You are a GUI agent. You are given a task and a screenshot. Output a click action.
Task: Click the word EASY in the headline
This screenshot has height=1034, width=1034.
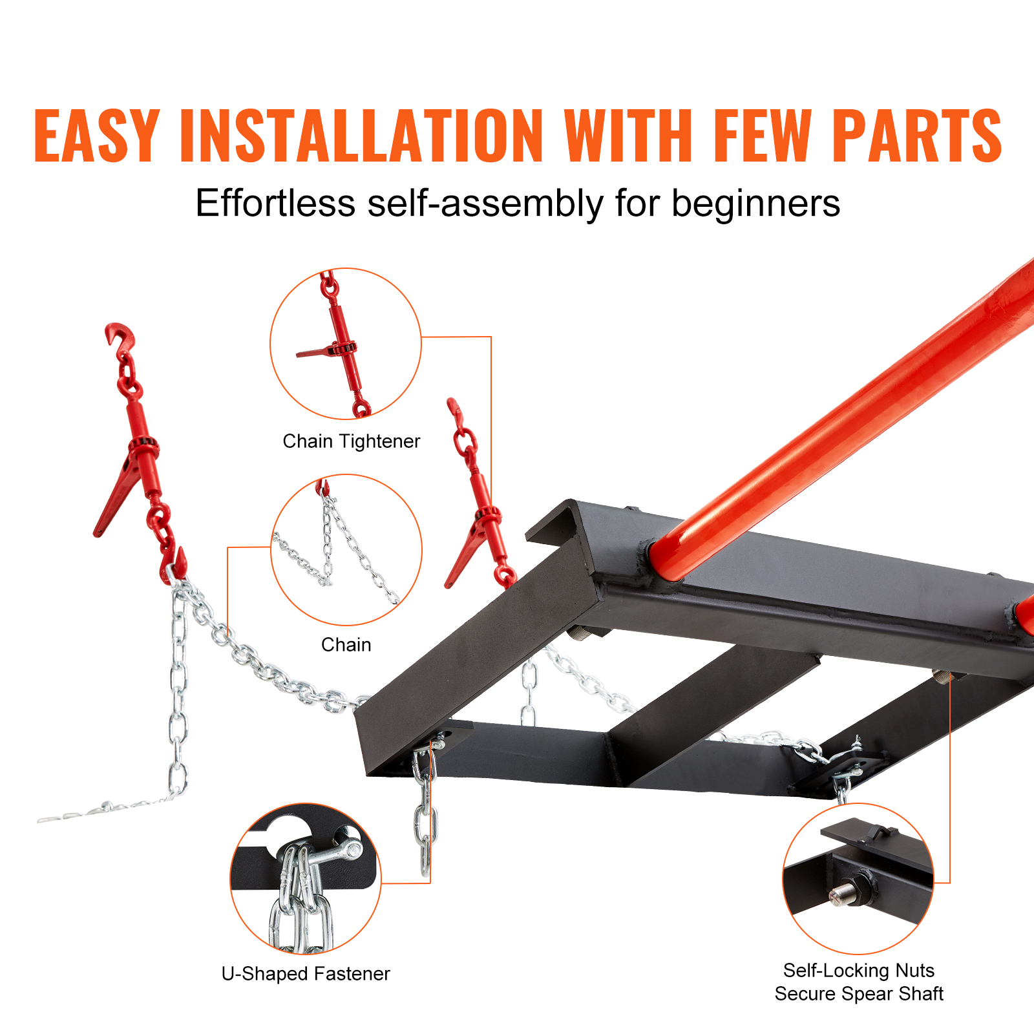96,135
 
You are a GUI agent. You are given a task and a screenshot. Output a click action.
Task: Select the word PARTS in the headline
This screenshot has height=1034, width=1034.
916,135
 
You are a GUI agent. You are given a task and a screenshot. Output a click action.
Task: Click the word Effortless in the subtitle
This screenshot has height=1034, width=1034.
275,204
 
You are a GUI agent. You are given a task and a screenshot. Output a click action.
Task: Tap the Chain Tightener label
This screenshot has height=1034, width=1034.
352,441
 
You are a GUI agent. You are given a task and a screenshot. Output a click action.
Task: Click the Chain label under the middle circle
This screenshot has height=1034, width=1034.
346,645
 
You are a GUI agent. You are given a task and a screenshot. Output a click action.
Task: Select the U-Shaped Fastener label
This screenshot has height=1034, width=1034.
306,974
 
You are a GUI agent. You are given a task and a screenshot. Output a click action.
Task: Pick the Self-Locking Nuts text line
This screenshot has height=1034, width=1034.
859,971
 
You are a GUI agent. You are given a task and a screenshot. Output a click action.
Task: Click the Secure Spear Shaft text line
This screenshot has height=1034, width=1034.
859,994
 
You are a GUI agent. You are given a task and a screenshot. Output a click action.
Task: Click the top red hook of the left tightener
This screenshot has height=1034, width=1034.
121,339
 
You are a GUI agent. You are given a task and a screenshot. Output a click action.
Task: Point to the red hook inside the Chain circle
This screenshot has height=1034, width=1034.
322,487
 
